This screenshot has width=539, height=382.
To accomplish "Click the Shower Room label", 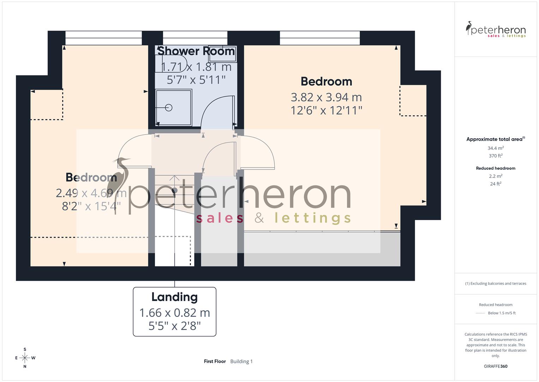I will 196,51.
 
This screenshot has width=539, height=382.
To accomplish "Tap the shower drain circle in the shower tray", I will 169,108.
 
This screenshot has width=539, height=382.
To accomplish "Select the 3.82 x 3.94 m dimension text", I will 326,97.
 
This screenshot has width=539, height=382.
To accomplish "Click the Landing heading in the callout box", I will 174,297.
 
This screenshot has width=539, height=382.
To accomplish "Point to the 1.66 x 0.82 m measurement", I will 174,313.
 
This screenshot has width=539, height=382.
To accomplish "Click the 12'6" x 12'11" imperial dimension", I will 326,110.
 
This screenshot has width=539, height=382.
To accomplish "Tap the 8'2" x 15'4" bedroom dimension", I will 91,206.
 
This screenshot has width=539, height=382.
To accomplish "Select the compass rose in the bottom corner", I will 25,358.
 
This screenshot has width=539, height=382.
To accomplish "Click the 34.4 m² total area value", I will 496,148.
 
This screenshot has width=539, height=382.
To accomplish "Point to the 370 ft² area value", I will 496,156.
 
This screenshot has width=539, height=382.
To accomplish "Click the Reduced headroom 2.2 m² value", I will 496,176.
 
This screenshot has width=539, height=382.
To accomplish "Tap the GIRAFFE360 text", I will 496,366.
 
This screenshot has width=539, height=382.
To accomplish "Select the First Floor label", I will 215,361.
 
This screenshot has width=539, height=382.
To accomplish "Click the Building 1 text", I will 241,361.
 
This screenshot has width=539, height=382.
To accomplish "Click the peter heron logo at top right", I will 496,30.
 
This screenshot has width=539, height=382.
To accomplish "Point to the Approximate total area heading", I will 495,139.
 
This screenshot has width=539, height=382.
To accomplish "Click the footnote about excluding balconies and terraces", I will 496,283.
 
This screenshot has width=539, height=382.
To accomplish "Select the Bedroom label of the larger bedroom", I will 326,81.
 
